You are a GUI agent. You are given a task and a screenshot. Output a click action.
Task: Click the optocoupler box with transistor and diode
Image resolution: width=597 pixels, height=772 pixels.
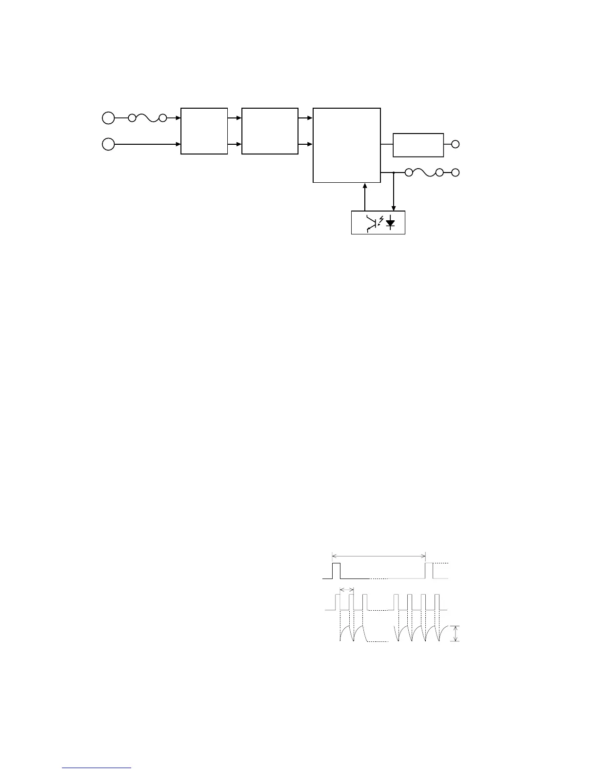378,222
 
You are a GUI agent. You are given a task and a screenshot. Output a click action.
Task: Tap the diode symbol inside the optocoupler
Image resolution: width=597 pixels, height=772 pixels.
390,223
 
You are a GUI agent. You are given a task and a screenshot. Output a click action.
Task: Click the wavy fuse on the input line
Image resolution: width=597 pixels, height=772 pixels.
147,118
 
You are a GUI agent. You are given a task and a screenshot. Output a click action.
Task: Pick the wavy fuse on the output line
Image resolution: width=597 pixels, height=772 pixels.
423,173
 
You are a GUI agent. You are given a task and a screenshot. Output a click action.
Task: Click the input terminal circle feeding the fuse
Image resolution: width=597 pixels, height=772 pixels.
108,118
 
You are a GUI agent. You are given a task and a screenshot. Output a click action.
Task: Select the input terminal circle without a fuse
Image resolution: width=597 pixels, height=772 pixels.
108,144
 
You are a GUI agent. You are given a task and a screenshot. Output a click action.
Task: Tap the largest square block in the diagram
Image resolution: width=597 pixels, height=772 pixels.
346,145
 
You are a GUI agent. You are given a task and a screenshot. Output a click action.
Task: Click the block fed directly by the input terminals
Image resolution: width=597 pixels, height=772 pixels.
204,131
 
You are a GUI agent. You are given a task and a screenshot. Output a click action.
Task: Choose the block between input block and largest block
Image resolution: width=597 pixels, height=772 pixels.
270,131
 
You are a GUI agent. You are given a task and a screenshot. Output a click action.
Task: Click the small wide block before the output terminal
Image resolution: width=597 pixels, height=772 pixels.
418,145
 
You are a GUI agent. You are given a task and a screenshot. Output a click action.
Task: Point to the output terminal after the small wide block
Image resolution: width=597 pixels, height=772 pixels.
456,144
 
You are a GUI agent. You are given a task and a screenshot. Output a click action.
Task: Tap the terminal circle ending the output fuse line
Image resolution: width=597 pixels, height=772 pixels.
456,173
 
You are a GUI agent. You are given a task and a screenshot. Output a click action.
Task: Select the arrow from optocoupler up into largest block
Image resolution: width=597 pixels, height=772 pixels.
365,197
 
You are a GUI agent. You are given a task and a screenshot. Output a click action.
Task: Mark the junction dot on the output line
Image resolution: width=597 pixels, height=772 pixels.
394,173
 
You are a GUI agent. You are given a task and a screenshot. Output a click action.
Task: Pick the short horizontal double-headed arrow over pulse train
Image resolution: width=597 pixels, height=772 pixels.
346,590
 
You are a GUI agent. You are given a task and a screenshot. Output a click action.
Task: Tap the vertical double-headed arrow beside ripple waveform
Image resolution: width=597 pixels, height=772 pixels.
456,634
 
